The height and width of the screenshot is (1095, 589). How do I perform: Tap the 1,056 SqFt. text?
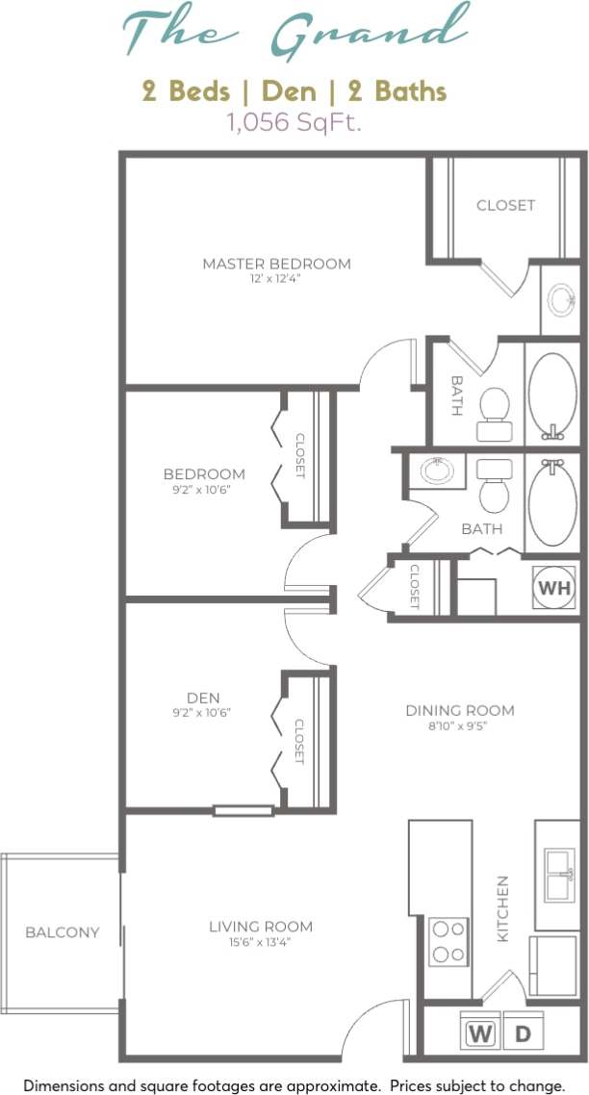pos(294,122)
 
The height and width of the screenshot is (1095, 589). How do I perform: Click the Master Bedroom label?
pos(276,264)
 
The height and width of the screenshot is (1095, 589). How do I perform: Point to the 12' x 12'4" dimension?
pos(276,278)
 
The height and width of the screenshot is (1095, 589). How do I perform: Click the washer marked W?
pos(478,1034)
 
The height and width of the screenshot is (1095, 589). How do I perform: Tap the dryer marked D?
pos(523,1034)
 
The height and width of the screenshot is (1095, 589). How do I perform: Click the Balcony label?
pos(62,931)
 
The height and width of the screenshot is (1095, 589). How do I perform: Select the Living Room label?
pos(261,927)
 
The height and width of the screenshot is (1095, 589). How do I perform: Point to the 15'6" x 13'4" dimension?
pos(261,942)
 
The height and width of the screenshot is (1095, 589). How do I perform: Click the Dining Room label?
pos(459,710)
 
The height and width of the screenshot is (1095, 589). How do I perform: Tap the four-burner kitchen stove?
pos(447,942)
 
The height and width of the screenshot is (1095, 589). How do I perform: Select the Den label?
pos(203,698)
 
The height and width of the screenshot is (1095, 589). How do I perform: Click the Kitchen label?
pos(501,907)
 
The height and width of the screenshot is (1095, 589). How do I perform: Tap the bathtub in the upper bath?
pos(551,395)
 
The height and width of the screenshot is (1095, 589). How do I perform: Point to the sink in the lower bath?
pos(438,471)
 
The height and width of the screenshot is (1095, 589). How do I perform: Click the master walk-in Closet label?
pos(505,205)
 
